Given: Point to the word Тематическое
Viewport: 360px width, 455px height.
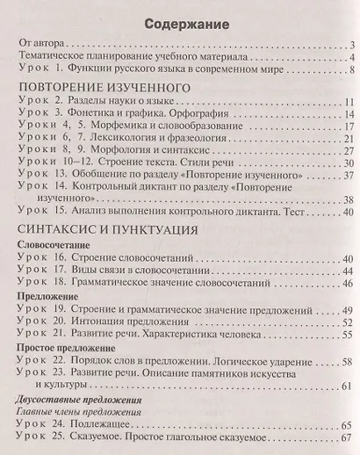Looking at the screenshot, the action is (x=55, y=56).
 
